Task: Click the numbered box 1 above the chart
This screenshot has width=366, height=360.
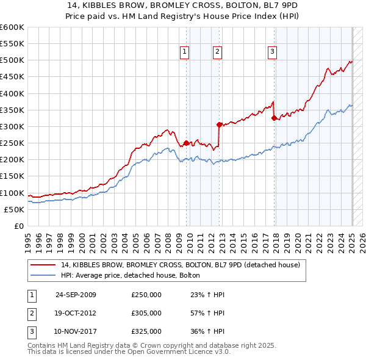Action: (x=184, y=52)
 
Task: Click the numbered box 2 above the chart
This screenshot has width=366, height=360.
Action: (x=217, y=52)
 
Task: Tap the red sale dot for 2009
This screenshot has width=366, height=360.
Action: (x=186, y=143)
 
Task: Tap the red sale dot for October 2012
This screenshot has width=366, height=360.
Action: (x=218, y=124)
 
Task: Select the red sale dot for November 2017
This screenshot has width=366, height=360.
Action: (x=274, y=118)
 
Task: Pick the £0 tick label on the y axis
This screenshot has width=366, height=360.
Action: (x=20, y=226)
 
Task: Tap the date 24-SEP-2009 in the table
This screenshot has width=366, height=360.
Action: (x=76, y=295)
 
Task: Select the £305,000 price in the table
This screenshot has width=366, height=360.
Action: (x=146, y=313)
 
